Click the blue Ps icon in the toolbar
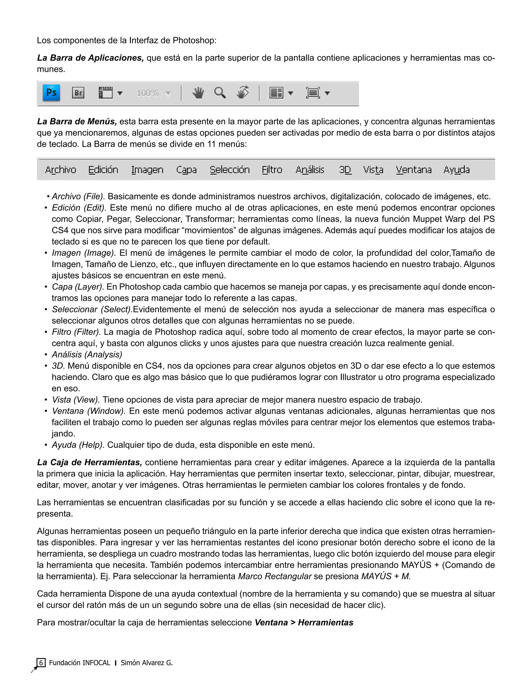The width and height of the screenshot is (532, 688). click(51, 93)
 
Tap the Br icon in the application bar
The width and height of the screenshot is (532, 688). click(78, 93)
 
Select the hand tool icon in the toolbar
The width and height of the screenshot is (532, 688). click(198, 93)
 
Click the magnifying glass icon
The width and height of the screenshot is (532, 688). click(220, 93)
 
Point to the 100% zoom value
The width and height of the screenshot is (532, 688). click(148, 93)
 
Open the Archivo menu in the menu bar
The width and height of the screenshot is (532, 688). click(61, 170)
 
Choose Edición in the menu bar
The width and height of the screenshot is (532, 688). click(103, 170)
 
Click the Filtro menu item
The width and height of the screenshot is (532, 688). click(272, 170)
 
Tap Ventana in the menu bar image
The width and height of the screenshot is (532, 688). click(414, 170)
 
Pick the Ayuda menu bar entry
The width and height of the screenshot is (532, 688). click(456, 170)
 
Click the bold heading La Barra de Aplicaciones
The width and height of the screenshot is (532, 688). click(90, 58)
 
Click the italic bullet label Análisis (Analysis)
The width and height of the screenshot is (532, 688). click(87, 355)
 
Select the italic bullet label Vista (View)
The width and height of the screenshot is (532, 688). click(76, 400)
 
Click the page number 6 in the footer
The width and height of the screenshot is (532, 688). click(41, 663)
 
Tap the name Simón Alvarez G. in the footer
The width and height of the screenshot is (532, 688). click(147, 663)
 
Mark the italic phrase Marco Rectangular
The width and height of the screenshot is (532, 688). click(275, 576)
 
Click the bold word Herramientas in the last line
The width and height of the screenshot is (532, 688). click(325, 623)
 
